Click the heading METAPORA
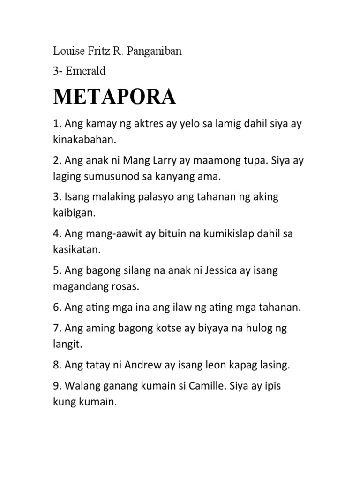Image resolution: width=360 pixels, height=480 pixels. click(114, 97)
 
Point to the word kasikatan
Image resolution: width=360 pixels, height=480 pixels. click(77, 249)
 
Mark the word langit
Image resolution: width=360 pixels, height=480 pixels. click(67, 344)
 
